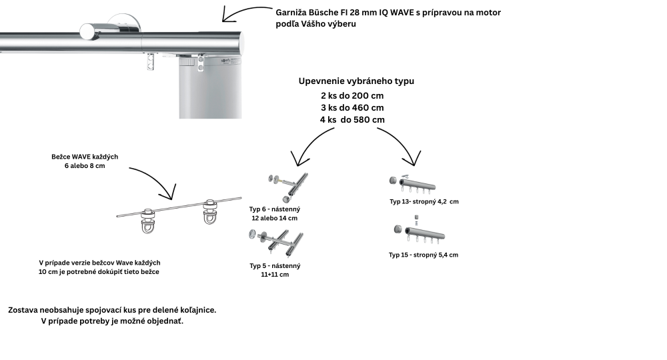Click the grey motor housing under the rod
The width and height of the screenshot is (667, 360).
[x=210, y=87]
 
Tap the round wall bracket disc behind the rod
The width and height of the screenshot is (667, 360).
[x=124, y=24]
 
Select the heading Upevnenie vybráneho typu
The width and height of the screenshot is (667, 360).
[x=356, y=81]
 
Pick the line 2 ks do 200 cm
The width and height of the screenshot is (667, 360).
[x=352, y=95]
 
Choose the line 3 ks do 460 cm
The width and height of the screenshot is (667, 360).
[x=352, y=107]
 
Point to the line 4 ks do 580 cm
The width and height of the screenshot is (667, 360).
[x=352, y=119]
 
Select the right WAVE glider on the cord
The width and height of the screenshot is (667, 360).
[x=210, y=211]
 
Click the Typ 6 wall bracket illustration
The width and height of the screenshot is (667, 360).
[x=288, y=187]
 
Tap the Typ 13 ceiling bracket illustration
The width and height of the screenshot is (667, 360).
[x=412, y=184]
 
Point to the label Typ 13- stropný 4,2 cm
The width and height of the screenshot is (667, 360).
[x=424, y=201]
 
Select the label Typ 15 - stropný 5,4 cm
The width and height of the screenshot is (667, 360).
[x=424, y=255]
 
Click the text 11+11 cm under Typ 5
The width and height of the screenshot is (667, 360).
[x=275, y=275]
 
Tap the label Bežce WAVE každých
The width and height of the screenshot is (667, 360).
[x=85, y=157]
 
